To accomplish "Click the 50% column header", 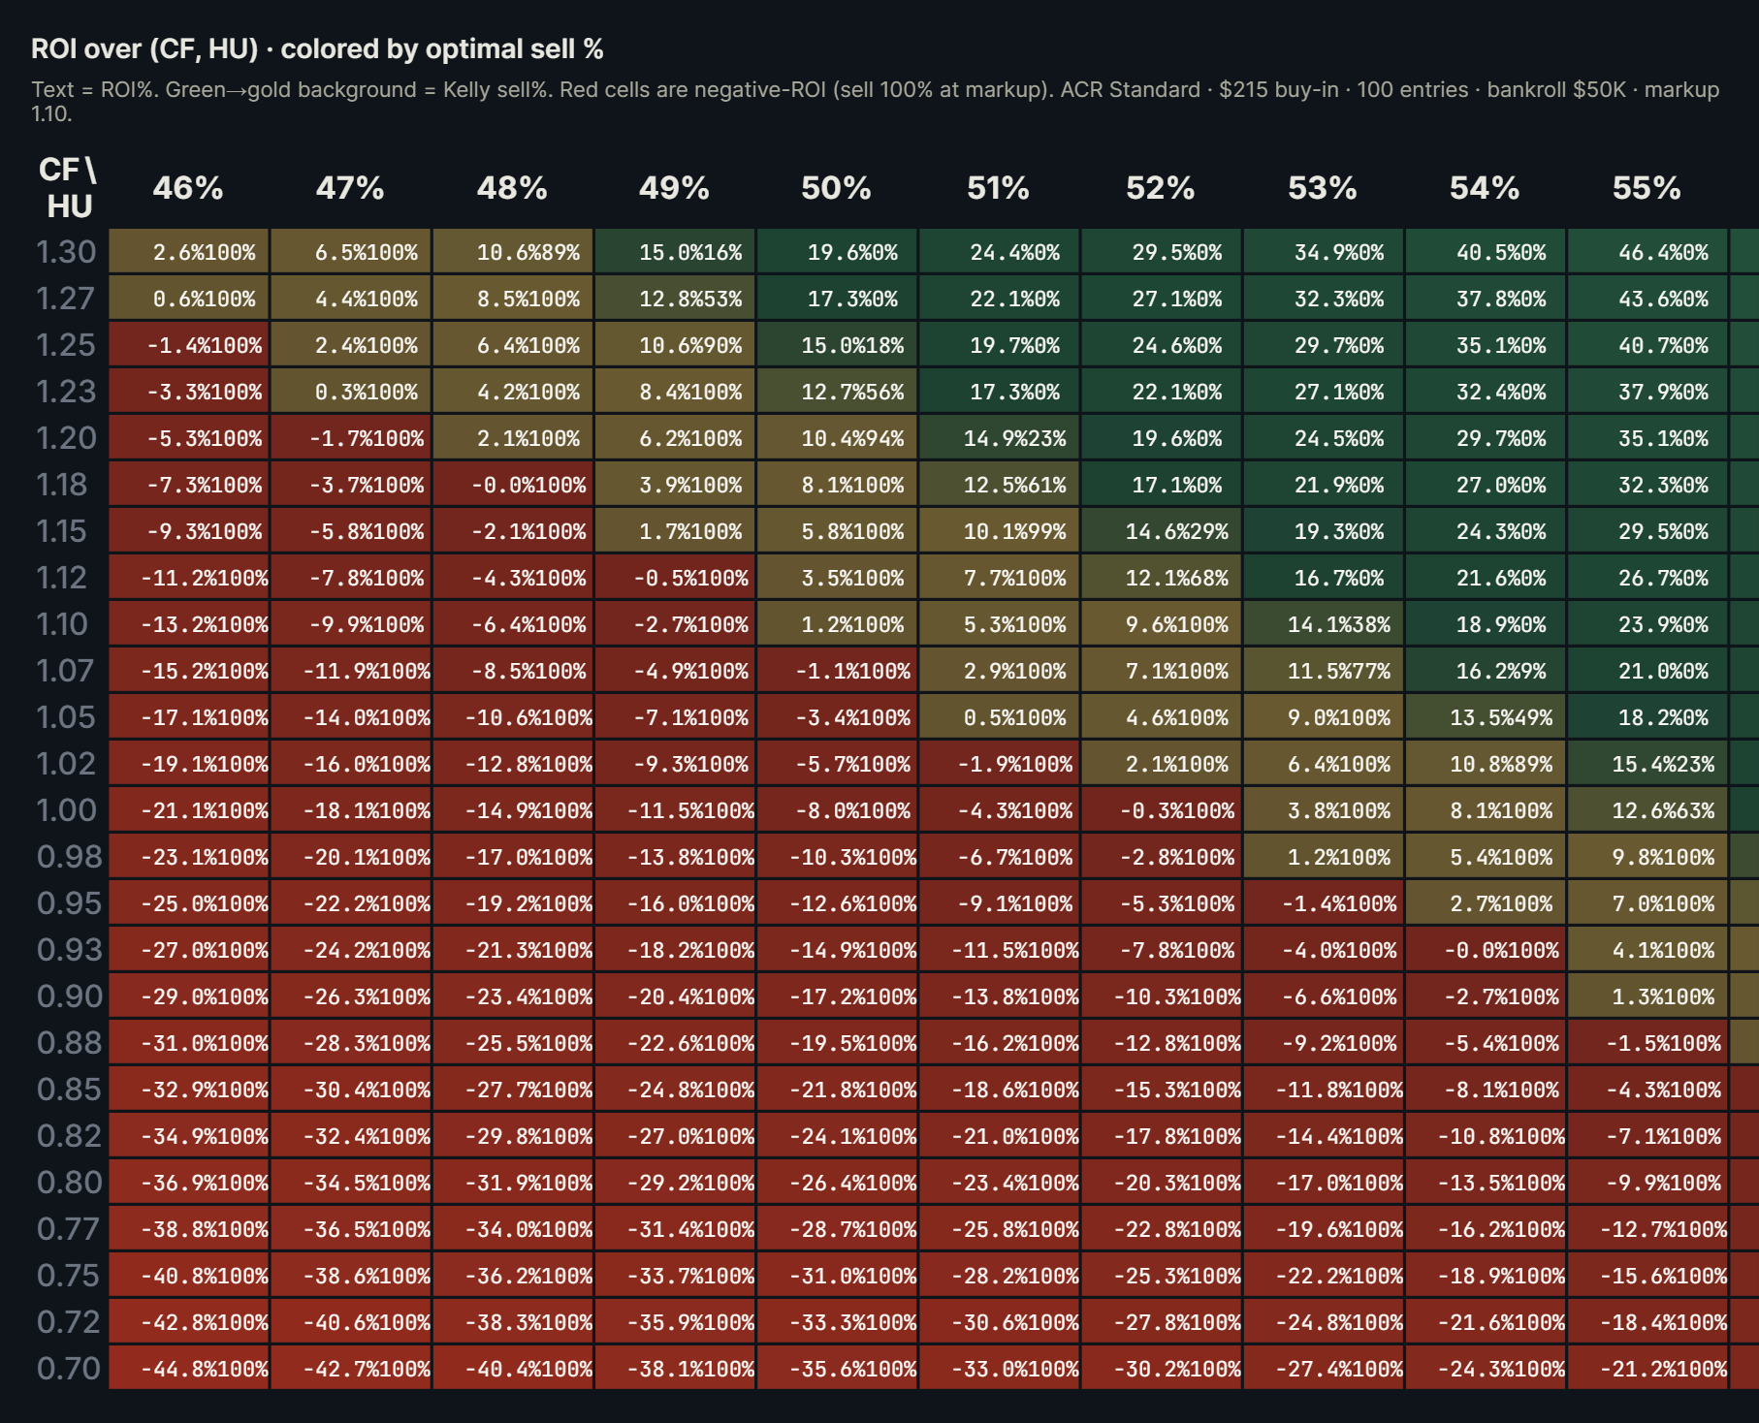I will point(836,188).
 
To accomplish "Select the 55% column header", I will point(1647,188).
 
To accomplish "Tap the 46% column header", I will point(188,188).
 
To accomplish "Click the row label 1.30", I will point(66,252).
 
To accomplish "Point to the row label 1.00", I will point(66,810).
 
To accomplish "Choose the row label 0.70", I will point(68,1369).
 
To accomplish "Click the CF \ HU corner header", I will point(68,188).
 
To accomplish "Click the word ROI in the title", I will point(53,48).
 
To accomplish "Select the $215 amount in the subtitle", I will point(1245,90).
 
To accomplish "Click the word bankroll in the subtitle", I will point(1525,90).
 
